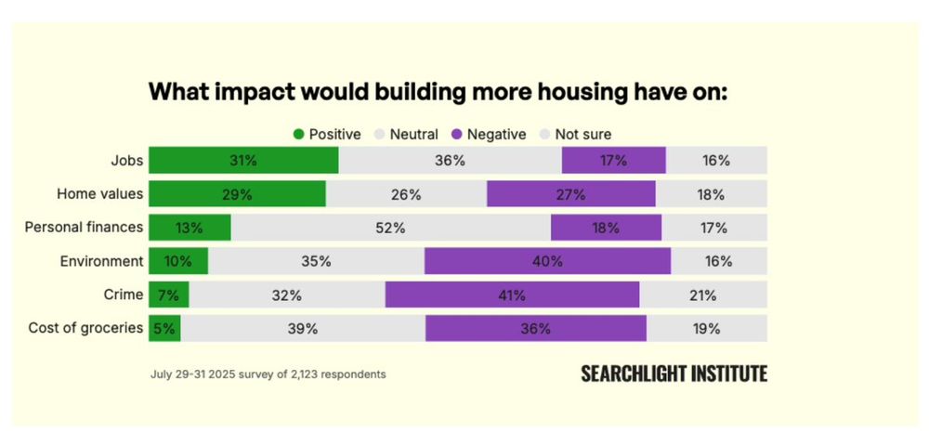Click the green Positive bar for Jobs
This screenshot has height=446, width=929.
point(243,160)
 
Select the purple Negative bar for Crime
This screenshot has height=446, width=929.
point(512,295)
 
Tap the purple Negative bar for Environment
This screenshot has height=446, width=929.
point(547,261)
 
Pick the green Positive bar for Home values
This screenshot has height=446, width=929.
point(237,194)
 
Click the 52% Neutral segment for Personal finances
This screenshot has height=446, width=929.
point(390,228)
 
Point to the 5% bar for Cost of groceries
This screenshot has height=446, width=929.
point(164,329)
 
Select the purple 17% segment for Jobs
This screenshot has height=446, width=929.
point(613,160)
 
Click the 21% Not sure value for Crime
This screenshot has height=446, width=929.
point(703,295)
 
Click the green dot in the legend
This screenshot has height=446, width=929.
point(298,135)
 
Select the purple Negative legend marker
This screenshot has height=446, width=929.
point(456,135)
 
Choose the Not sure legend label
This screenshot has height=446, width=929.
point(583,135)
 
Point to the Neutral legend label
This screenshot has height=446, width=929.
point(413,135)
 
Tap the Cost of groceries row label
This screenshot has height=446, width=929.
point(85,329)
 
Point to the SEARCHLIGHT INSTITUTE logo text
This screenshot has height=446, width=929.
point(674,374)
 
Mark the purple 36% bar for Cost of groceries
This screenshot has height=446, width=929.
point(536,329)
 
